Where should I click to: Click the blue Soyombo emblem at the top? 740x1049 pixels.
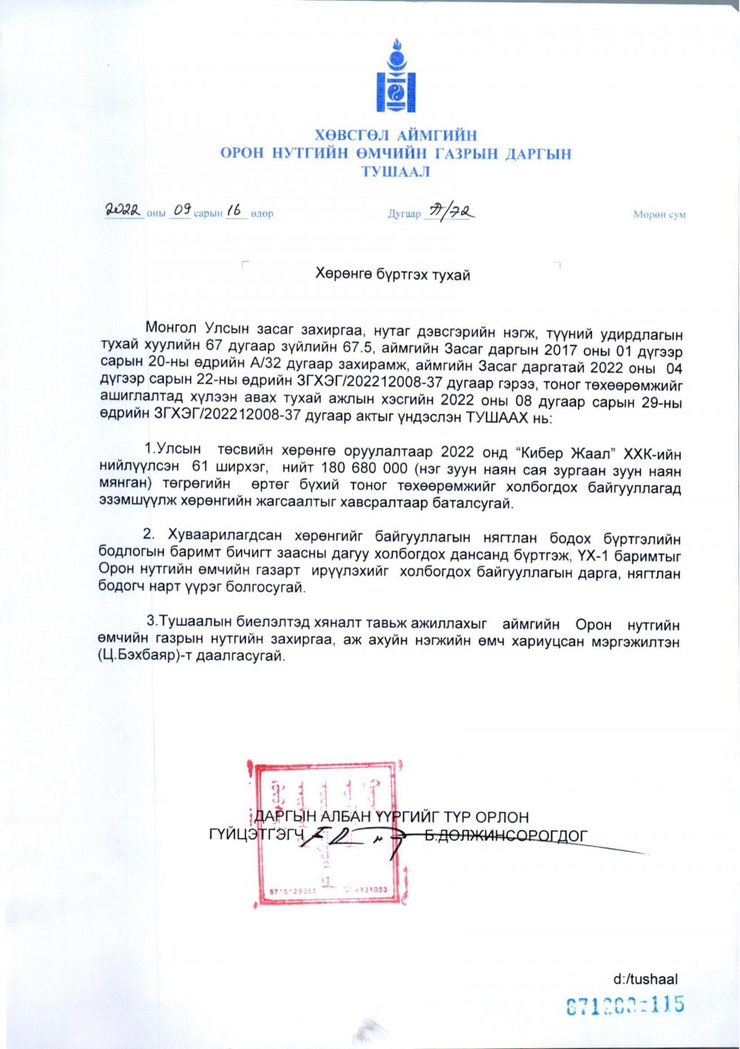(x=395, y=76)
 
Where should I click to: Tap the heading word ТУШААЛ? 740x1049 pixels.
(x=395, y=172)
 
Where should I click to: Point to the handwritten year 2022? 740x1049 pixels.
(x=123, y=211)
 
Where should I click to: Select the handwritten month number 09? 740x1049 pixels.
(x=182, y=211)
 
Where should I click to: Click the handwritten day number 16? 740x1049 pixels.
(x=235, y=211)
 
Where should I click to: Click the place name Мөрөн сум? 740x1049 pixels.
(x=659, y=215)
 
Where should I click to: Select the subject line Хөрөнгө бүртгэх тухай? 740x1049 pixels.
(x=392, y=275)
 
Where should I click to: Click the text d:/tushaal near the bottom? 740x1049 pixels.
(x=645, y=979)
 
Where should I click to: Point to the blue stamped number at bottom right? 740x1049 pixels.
(x=625, y=1005)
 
